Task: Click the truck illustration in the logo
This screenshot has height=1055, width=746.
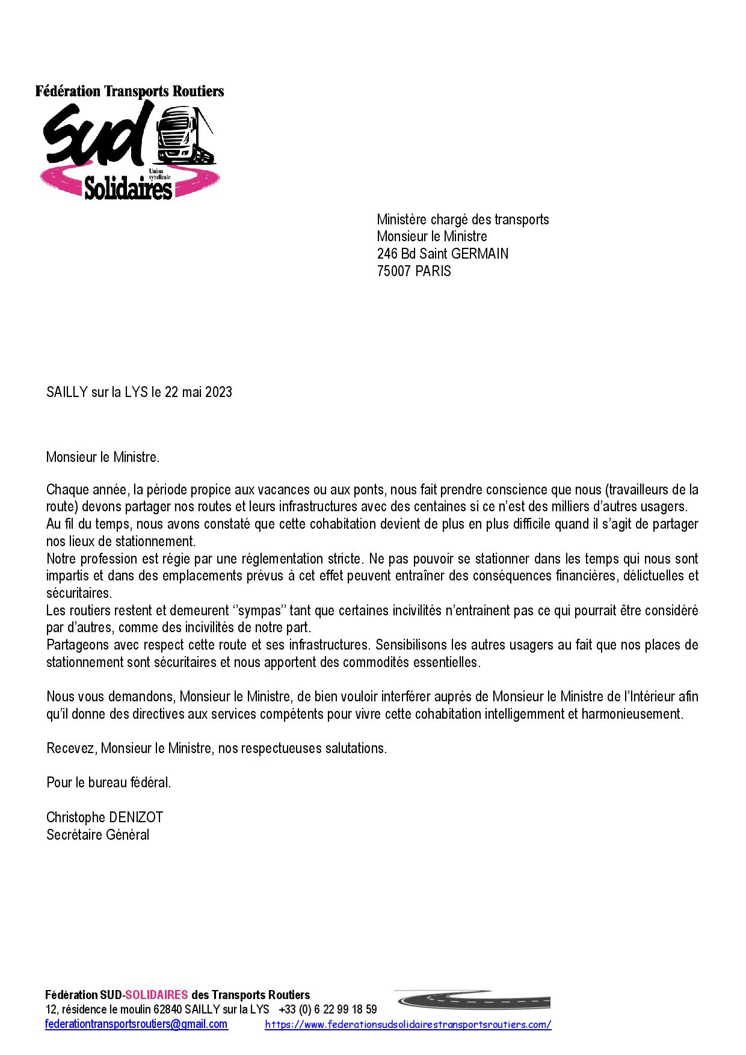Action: tap(184, 136)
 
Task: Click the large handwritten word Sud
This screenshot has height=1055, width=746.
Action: tap(96, 136)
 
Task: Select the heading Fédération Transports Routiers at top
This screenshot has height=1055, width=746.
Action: tap(129, 91)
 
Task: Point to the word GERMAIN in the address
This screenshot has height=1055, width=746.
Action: tap(479, 254)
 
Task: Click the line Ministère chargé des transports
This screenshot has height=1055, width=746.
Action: tap(463, 220)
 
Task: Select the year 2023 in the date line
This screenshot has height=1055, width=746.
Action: tap(218, 392)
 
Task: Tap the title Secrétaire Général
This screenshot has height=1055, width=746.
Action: tap(98, 835)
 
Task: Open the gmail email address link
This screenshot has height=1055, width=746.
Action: tap(137, 1024)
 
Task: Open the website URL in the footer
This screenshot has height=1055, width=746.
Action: tap(408, 1025)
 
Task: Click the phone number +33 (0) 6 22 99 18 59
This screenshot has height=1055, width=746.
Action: tap(328, 1009)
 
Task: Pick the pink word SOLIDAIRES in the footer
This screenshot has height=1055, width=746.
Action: tap(156, 995)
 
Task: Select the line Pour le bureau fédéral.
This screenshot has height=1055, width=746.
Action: tap(109, 783)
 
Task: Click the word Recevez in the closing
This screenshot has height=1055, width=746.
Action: tap(71, 749)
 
